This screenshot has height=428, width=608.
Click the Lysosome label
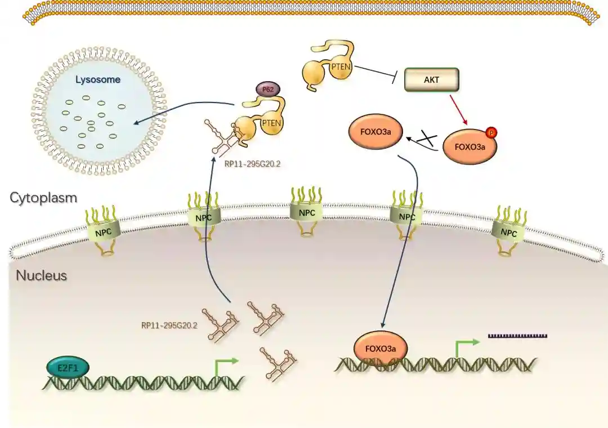pos(99,79)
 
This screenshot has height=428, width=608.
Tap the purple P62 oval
pos(267,89)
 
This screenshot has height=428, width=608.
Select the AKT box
pos(432,80)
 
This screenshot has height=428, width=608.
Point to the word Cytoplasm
pos(43,198)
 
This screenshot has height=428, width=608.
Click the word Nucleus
pos(42,275)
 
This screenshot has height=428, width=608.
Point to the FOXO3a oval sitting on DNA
pos(381,348)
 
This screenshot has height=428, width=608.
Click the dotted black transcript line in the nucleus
pos(517,336)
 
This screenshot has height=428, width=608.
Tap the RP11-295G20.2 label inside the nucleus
pos(169,325)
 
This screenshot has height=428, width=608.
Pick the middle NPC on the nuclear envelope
pos(307,213)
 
